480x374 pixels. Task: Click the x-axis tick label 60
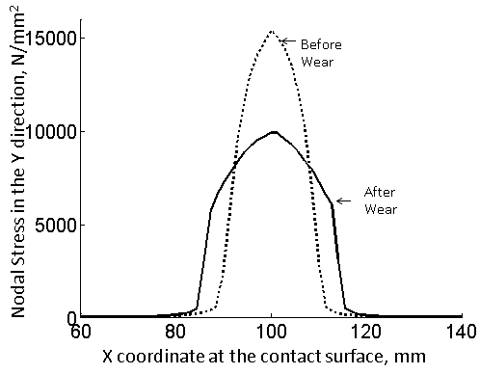coord(81,332)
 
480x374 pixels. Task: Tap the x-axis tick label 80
coord(176,332)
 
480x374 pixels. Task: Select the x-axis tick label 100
coord(272,332)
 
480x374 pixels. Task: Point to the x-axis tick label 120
coord(367,332)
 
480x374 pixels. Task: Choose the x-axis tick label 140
coord(462,332)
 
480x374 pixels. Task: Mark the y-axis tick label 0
coord(70,317)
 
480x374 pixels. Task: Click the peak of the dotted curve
coord(272,31)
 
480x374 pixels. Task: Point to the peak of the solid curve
coord(274,131)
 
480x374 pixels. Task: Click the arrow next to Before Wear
coord(286,40)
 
